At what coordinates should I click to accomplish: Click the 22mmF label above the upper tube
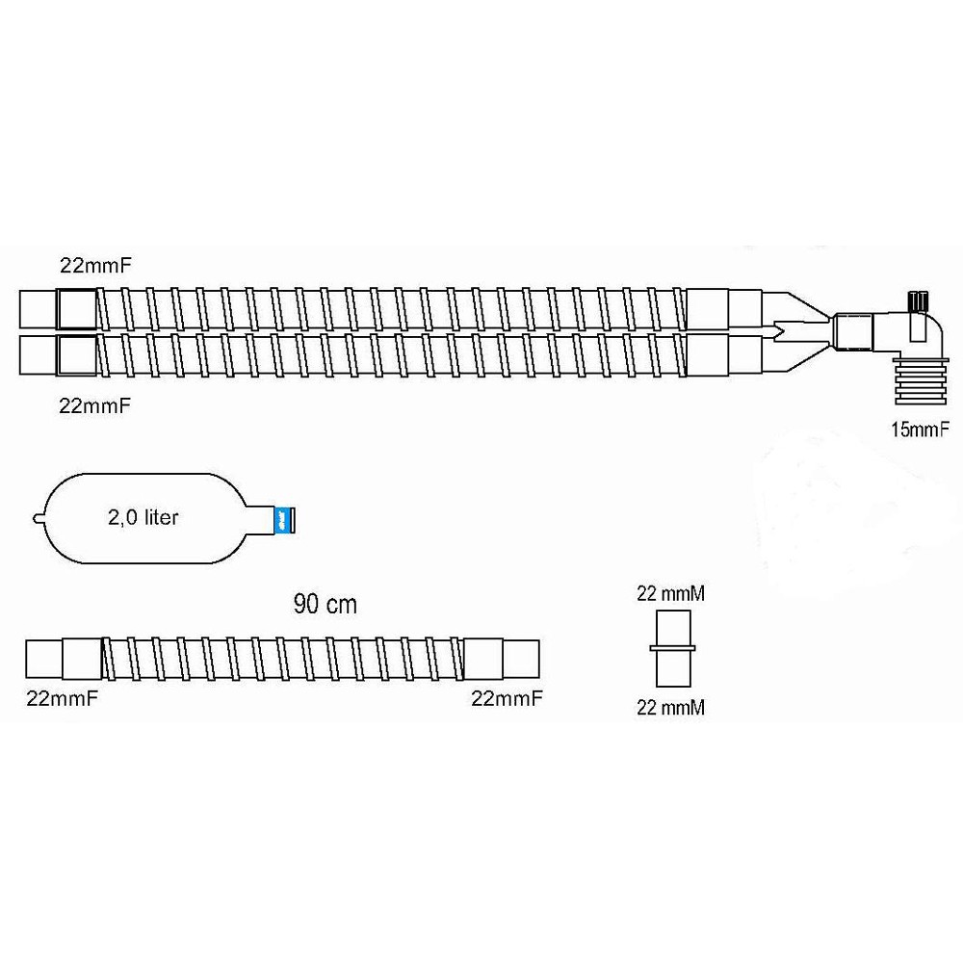tap(95, 266)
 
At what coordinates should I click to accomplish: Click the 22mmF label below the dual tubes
tap(95, 406)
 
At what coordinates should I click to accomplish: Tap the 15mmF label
tap(920, 429)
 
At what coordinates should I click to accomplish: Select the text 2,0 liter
tap(143, 518)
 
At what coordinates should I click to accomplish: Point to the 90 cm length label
tap(325, 605)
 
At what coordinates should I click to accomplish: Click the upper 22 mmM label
tap(670, 594)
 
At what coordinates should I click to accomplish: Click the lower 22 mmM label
tap(670, 708)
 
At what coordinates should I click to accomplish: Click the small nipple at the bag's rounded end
tap(39, 519)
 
